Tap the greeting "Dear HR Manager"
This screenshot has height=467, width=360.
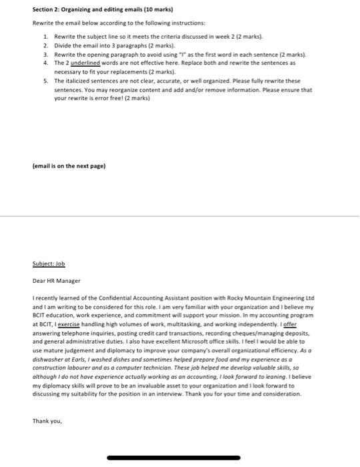pyautogui.click(x=56, y=281)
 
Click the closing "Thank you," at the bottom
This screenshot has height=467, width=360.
pyautogui.click(x=47, y=420)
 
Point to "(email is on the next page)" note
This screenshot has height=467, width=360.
pyautogui.click(x=69, y=165)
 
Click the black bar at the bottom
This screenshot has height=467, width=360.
pyautogui.click(x=180, y=458)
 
